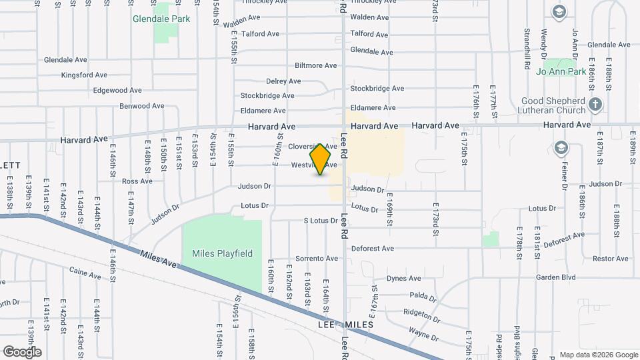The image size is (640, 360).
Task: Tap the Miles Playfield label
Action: click(x=222, y=253)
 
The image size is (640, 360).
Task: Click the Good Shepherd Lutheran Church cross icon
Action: click(x=595, y=105)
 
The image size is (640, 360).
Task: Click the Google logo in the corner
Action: click(x=22, y=351)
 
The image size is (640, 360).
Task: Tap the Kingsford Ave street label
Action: click(x=84, y=75)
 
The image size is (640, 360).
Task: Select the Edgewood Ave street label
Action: click(x=117, y=91)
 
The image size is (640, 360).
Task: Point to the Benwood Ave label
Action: click(x=141, y=106)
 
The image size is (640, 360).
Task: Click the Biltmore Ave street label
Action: click(x=316, y=66)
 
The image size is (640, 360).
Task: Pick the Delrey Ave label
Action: click(x=284, y=81)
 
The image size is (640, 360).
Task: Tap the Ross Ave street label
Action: click(x=137, y=181)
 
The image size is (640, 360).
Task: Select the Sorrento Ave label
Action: click(x=317, y=259)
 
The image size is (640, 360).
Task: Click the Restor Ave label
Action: click(x=611, y=259)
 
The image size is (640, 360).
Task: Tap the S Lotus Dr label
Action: click(x=320, y=221)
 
